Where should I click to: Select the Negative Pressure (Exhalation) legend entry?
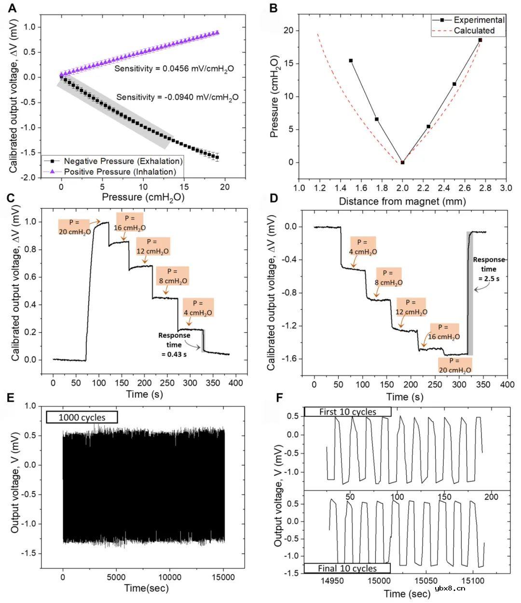pyautogui.click(x=123, y=161)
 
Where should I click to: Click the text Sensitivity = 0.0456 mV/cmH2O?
pyautogui.click(x=174, y=69)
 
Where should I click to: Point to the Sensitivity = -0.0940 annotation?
pyautogui.click(x=178, y=97)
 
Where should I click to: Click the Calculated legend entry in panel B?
pyautogui.click(x=474, y=30)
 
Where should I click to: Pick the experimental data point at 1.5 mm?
pyautogui.click(x=351, y=61)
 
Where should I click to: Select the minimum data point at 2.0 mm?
pyautogui.click(x=402, y=163)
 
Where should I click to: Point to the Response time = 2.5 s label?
pyautogui.click(x=489, y=269)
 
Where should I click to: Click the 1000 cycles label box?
pyautogui.click(x=82, y=417)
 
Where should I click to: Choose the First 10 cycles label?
pyautogui.click(x=347, y=412)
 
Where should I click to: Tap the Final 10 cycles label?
pyautogui.click(x=347, y=568)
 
